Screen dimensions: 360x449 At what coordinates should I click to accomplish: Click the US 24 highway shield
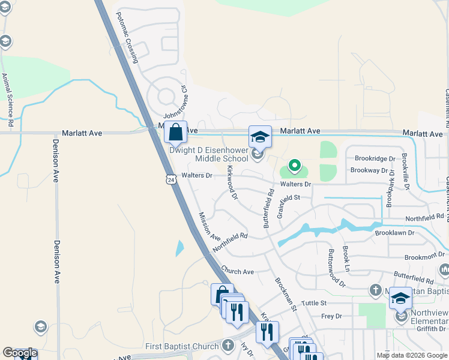pos(171,179)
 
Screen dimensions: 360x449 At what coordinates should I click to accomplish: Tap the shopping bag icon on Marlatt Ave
pos(175,131)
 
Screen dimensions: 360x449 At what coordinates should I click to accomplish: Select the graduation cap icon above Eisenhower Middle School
pos(261,137)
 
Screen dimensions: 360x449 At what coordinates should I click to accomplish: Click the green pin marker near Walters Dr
pos(294,164)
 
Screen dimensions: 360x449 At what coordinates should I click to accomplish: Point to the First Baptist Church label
pos(182,346)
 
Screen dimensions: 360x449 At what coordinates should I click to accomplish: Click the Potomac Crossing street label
pos(127,37)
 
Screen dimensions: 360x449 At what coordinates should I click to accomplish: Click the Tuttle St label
pos(313,304)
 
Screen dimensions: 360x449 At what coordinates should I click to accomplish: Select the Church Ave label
pos(237,271)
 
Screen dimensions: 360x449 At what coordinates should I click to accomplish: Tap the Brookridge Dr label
pos(375,159)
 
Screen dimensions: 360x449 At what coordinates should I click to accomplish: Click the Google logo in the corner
pos(20,353)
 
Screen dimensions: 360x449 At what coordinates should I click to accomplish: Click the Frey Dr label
pos(331,316)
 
